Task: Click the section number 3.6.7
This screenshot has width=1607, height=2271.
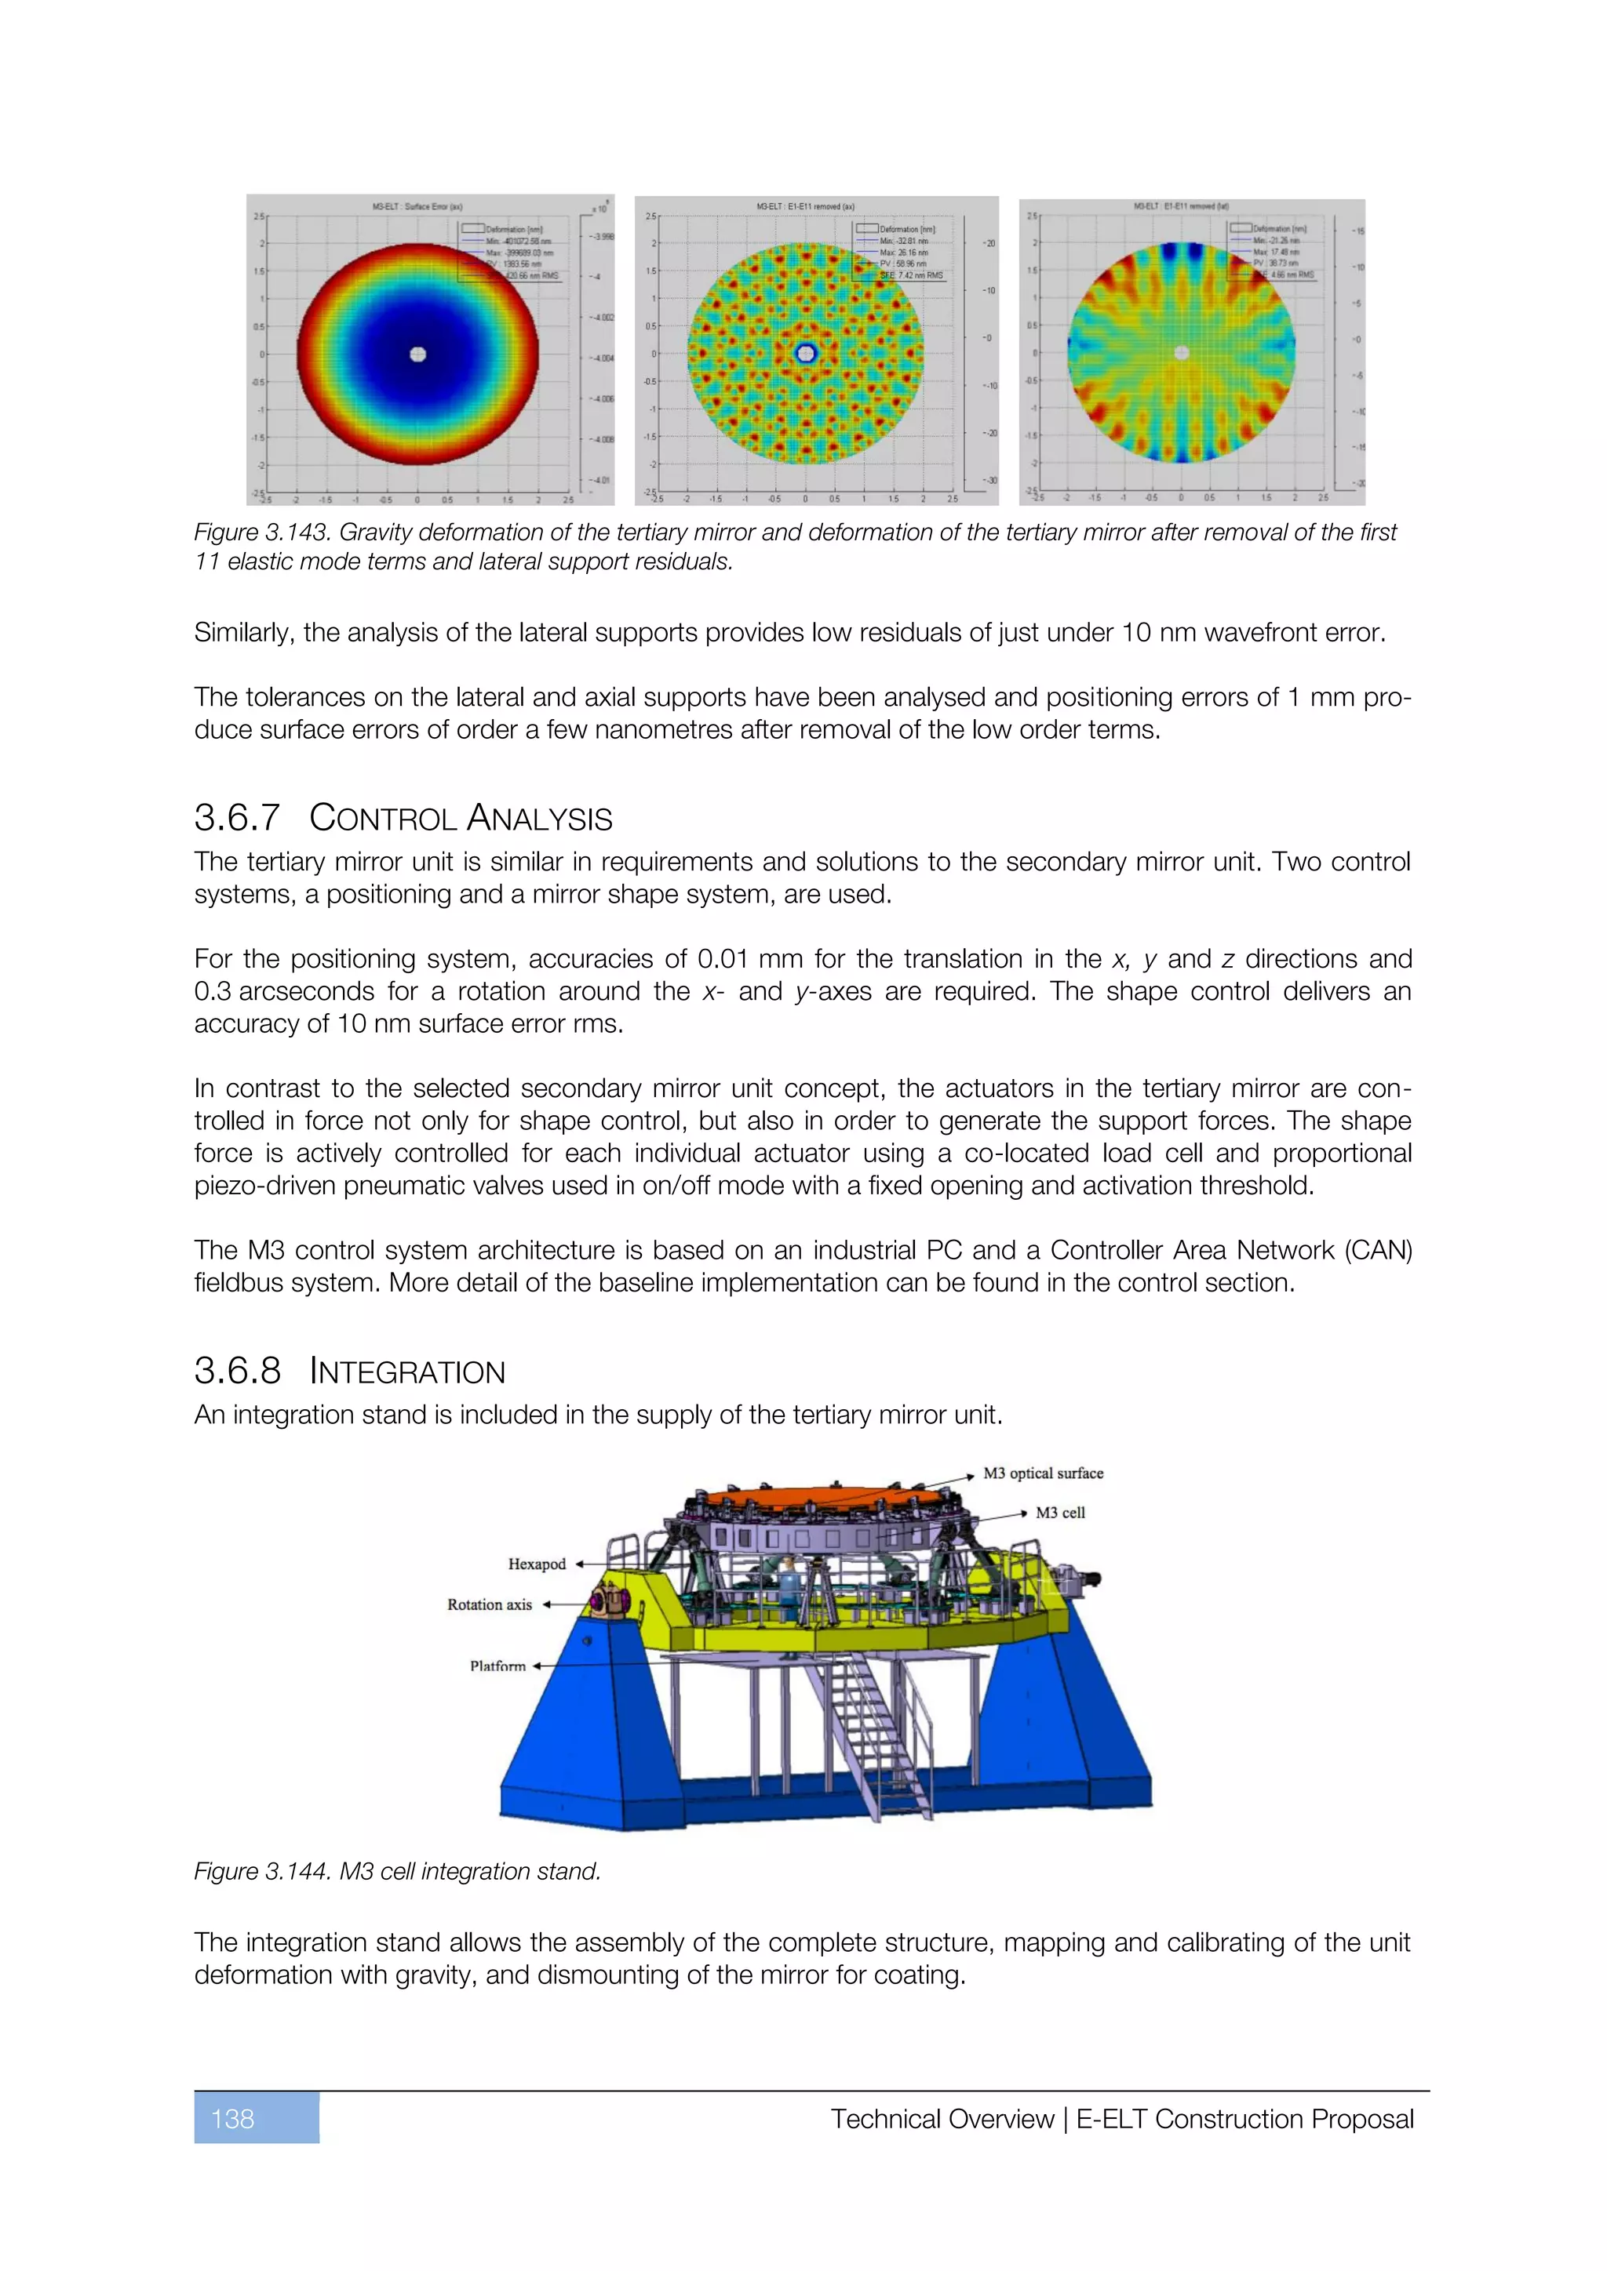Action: tap(238, 818)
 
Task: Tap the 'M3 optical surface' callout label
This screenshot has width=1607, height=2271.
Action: tap(1043, 1473)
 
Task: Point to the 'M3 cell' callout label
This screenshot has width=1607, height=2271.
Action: tap(1060, 1513)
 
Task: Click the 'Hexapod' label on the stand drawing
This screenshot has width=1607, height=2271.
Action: tap(537, 1564)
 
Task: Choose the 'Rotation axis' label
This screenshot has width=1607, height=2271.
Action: tap(489, 1604)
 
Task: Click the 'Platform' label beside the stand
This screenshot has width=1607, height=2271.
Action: tap(497, 1666)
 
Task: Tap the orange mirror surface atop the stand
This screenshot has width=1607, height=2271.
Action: tap(827, 1495)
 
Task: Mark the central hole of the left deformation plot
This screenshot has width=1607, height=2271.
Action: tap(417, 354)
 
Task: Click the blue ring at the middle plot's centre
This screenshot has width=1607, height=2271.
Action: tap(806, 353)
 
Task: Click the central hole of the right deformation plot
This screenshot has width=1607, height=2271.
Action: tap(1182, 352)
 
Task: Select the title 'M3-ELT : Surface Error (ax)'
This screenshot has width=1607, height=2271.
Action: tap(417, 207)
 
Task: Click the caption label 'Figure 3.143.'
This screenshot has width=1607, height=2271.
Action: tap(262, 532)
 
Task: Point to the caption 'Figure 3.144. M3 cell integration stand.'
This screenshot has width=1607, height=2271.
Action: tap(397, 1871)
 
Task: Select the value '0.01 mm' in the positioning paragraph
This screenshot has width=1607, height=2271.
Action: tap(750, 958)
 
